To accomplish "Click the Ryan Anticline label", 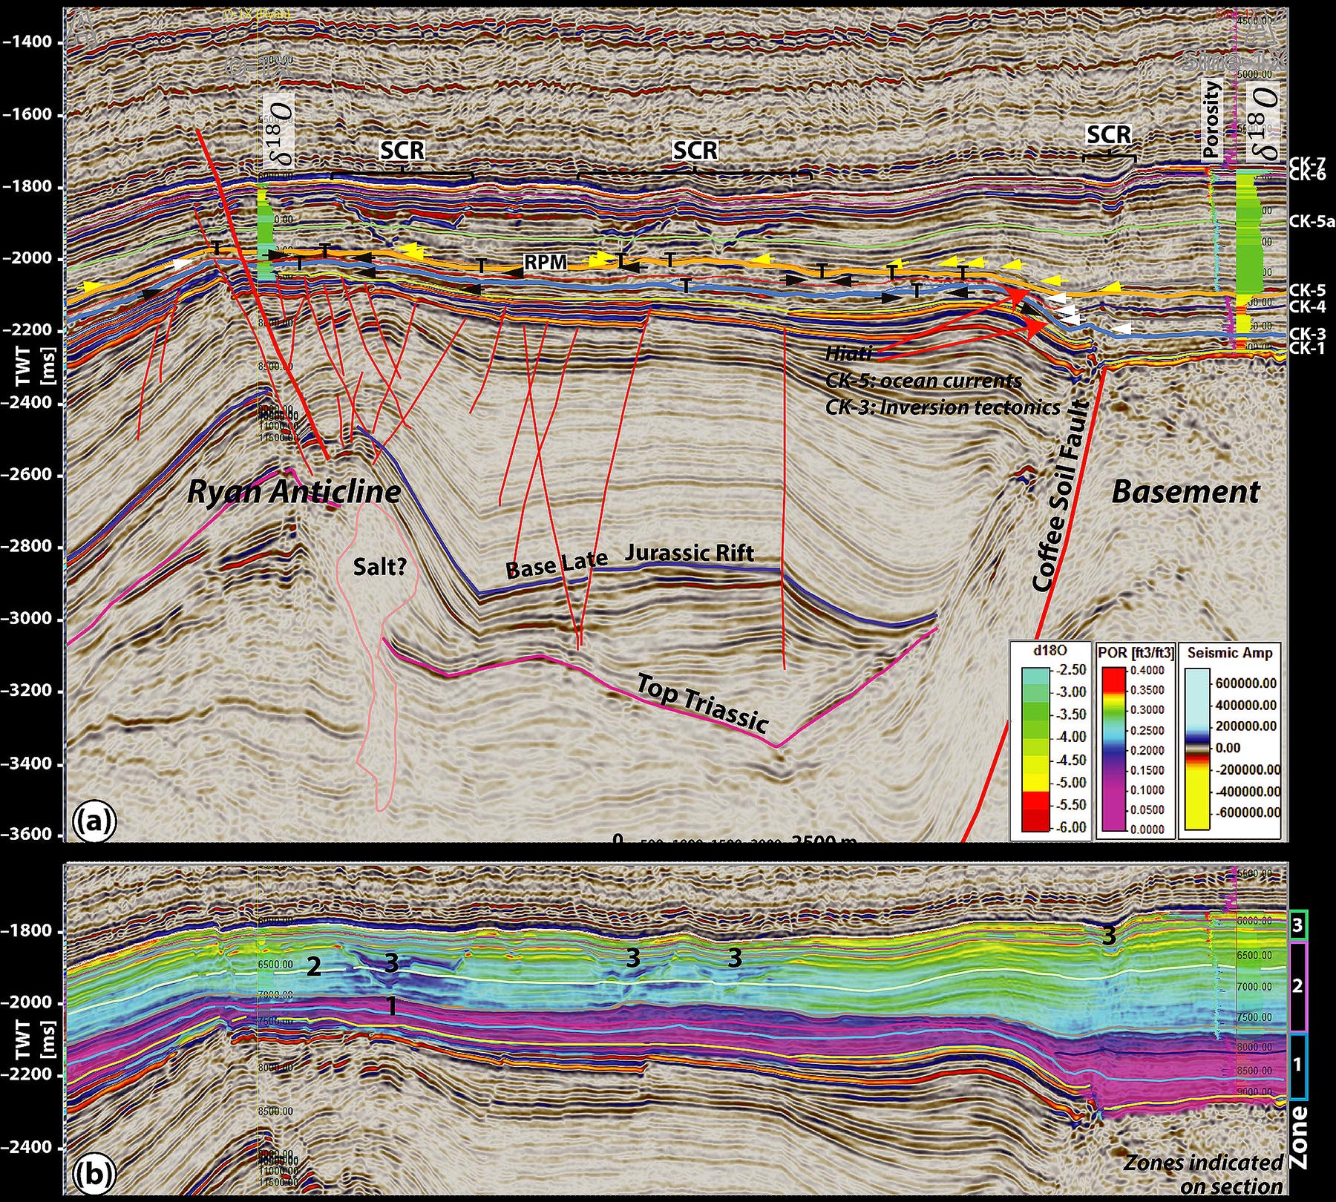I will click(x=294, y=491).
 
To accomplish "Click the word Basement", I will click(x=1185, y=492).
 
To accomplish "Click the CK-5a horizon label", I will click(x=1312, y=220).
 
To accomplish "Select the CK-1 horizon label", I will click(x=1307, y=348).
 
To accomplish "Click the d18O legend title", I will click(x=1050, y=653).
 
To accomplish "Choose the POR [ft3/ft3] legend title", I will click(x=1136, y=653).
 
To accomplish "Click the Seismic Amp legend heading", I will click(x=1230, y=653).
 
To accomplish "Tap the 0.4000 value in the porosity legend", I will click(x=1147, y=670).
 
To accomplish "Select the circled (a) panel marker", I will click(x=94, y=821).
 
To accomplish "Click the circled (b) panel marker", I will click(x=94, y=1174).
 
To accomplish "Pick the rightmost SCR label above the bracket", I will click(x=1109, y=134).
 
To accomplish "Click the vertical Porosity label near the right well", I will click(x=1211, y=120).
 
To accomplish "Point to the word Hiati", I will click(x=848, y=355).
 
